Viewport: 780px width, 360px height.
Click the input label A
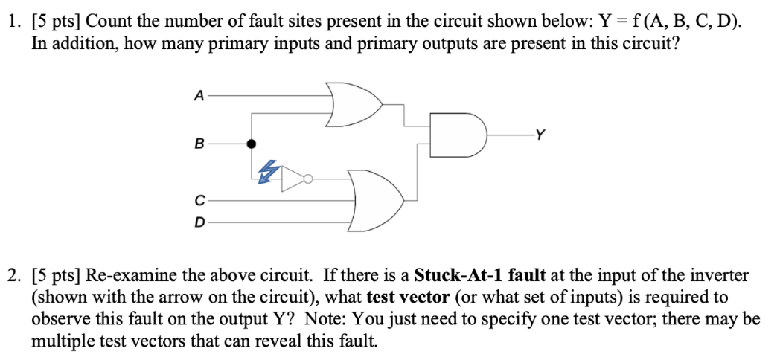click(198, 96)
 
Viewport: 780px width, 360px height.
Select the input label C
click(198, 199)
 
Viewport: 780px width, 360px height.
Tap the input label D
click(198, 221)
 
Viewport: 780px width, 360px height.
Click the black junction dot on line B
click(252, 143)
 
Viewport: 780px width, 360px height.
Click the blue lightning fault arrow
click(267, 172)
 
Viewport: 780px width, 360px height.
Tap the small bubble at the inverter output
click(307, 179)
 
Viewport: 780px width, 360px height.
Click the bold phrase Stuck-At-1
click(453, 275)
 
